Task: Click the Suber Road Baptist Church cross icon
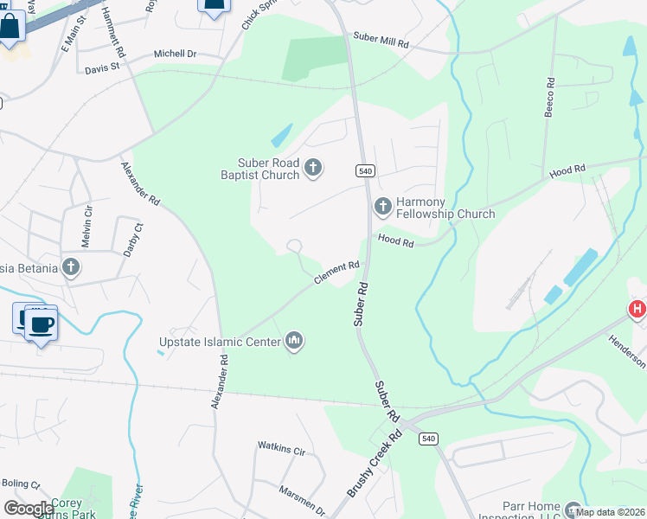313,167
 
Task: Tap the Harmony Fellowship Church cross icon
382,206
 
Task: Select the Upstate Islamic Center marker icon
295,342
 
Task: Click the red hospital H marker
637,309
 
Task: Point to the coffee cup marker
41,325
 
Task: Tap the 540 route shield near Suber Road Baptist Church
364,171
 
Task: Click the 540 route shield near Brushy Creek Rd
428,439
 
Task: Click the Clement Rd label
336,272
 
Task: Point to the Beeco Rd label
548,97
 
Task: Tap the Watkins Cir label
281,449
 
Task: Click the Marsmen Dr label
300,500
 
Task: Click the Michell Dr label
175,54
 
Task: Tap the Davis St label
102,66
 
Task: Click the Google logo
29,508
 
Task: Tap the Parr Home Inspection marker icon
573,507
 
